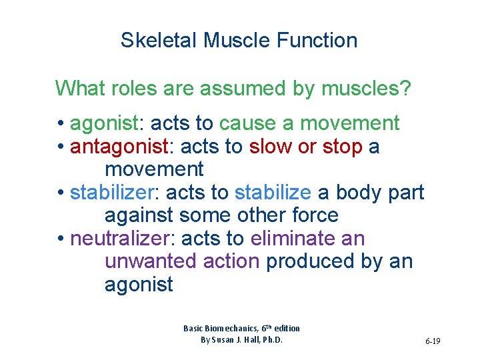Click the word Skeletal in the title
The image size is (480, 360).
(159, 40)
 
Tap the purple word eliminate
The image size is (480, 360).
(291, 239)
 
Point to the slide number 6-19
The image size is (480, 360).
(432, 341)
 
